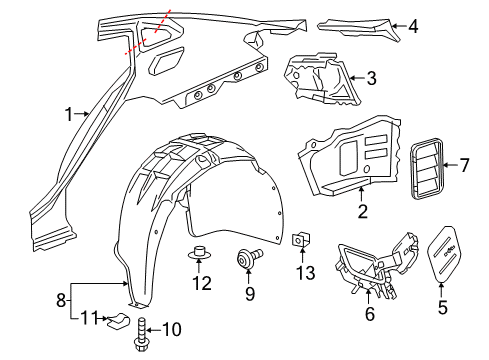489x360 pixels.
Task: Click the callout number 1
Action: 69,114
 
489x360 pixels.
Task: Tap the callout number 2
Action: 362,210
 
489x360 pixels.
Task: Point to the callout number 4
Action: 413,27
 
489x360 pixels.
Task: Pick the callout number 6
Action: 369,313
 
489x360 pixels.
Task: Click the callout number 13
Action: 303,272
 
